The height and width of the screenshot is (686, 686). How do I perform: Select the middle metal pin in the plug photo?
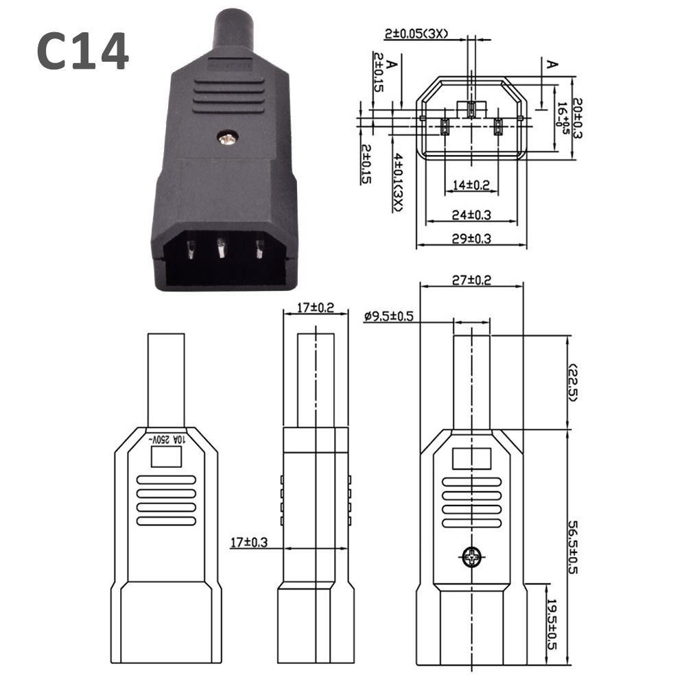tap(222, 248)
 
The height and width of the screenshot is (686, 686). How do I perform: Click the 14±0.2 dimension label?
tap(471, 185)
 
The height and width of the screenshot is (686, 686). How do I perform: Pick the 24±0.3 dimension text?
tap(471, 215)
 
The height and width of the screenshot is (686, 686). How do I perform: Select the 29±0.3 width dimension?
tap(471, 238)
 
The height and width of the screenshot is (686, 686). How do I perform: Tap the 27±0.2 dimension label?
tap(471, 281)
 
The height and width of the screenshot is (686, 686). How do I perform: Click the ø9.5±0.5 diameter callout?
tap(388, 316)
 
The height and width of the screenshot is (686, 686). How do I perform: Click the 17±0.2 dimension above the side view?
tap(316, 308)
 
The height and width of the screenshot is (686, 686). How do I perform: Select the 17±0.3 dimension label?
tap(248, 543)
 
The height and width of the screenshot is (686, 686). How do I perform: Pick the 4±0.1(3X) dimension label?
tap(398, 181)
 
